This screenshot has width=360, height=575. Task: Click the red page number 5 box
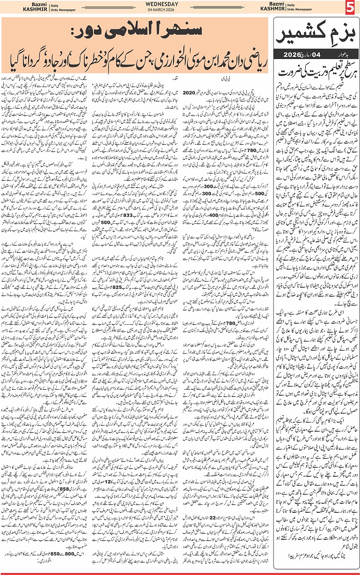pyautogui.click(x=351, y=8)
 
